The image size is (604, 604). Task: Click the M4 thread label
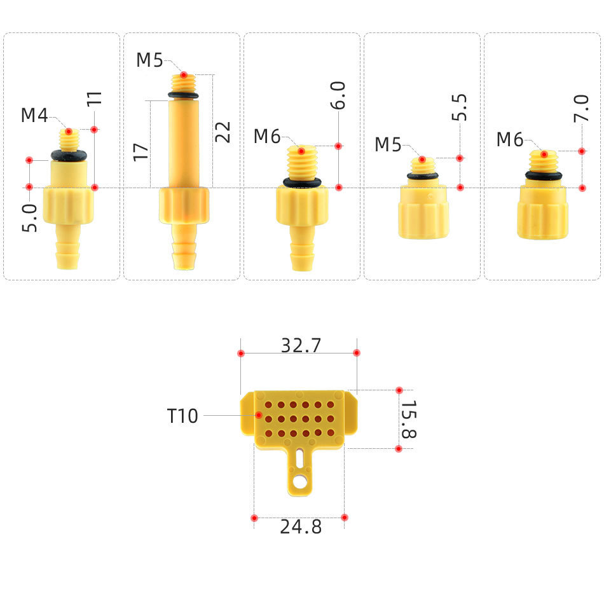pyautogui.click(x=34, y=116)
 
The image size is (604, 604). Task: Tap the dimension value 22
pyautogui.click(x=223, y=132)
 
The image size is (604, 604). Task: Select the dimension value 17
pyautogui.click(x=141, y=151)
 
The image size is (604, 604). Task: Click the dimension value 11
pyautogui.click(x=94, y=99)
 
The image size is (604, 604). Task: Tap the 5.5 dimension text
pyautogui.click(x=460, y=107)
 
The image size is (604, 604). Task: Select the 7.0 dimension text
pyautogui.click(x=581, y=107)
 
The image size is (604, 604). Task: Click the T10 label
pyautogui.click(x=183, y=416)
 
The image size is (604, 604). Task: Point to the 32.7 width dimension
pyautogui.click(x=301, y=345)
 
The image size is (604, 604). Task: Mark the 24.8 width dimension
pyautogui.click(x=301, y=527)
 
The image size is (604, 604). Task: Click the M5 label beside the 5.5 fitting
pyautogui.click(x=388, y=145)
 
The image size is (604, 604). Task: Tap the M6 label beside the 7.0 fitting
pyautogui.click(x=510, y=140)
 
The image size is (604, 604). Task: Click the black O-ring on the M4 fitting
pyautogui.click(x=69, y=155)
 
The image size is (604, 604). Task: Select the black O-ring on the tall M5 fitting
pyautogui.click(x=183, y=96)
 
